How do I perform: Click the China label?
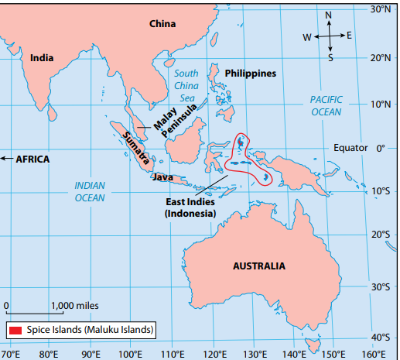[162, 23]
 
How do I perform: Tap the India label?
[42, 57]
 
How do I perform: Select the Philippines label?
[250, 73]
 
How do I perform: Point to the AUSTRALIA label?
[258, 266]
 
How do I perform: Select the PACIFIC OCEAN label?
[326, 105]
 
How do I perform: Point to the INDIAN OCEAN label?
[90, 191]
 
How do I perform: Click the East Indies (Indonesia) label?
[190, 207]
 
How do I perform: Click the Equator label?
[350, 147]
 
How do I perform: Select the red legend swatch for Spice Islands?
[15, 331]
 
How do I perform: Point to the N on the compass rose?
[328, 15]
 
